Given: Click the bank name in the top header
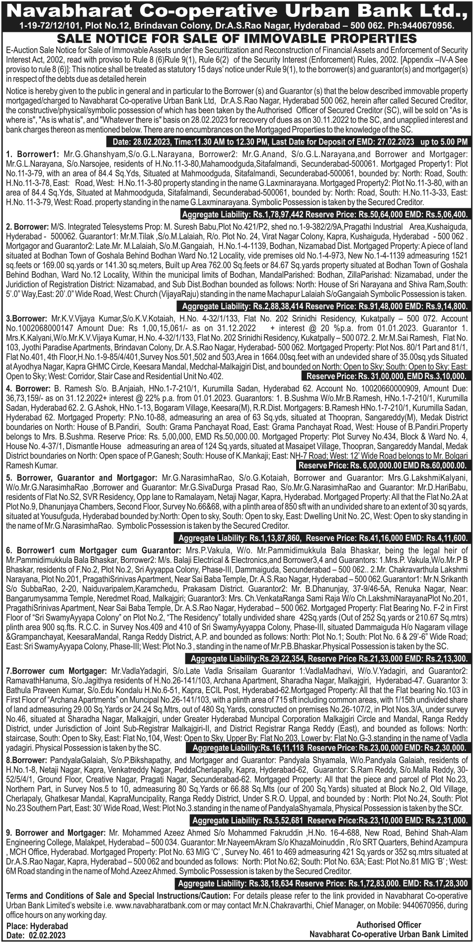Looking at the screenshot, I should tap(238, 11).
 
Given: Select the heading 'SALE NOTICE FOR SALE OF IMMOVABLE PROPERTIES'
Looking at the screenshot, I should tap(237, 39).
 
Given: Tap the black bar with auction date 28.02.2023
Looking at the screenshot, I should tap(290, 142).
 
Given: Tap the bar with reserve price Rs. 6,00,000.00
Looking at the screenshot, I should tap(382, 466).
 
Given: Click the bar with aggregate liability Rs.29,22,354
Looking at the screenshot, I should tap(326, 659).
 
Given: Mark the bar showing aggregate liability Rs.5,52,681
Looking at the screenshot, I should tap(329, 820).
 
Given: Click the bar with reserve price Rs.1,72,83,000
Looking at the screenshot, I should tap(322, 883).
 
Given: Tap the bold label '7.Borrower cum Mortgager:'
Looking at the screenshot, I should tap(56, 671).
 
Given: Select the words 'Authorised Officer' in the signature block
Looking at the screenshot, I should tap(389, 925).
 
